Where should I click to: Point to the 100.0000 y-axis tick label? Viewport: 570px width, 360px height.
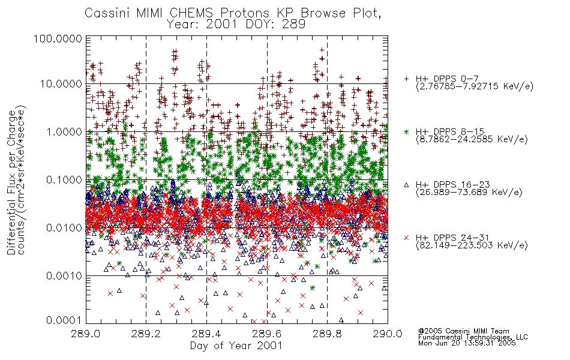pyautogui.click(x=58, y=38)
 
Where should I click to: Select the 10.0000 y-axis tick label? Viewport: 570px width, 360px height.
pyautogui.click(x=61, y=84)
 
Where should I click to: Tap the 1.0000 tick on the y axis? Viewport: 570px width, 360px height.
pyautogui.click(x=64, y=131)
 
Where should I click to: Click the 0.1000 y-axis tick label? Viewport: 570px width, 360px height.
pyautogui.click(x=64, y=179)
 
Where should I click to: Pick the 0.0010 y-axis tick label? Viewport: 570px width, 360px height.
pyautogui.click(x=64, y=275)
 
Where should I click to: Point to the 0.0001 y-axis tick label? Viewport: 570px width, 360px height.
pyautogui.click(x=64, y=320)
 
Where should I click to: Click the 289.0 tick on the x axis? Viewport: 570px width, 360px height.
pyautogui.click(x=86, y=334)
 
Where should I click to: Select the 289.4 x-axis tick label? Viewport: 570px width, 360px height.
pyautogui.click(x=207, y=334)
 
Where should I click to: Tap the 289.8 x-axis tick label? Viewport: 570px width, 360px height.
pyautogui.click(x=327, y=334)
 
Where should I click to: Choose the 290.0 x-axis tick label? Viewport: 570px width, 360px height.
pyautogui.click(x=388, y=334)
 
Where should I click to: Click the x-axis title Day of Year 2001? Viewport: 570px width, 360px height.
pyautogui.click(x=236, y=346)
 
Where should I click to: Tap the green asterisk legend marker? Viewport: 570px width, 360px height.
pyautogui.click(x=406, y=131)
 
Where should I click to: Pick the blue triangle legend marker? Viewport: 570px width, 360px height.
pyautogui.click(x=406, y=185)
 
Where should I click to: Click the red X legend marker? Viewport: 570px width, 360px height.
pyautogui.click(x=406, y=238)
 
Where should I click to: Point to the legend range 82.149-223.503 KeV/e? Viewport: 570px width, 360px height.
pyautogui.click(x=472, y=245)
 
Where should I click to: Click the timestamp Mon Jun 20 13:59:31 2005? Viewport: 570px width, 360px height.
pyautogui.click(x=467, y=343)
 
